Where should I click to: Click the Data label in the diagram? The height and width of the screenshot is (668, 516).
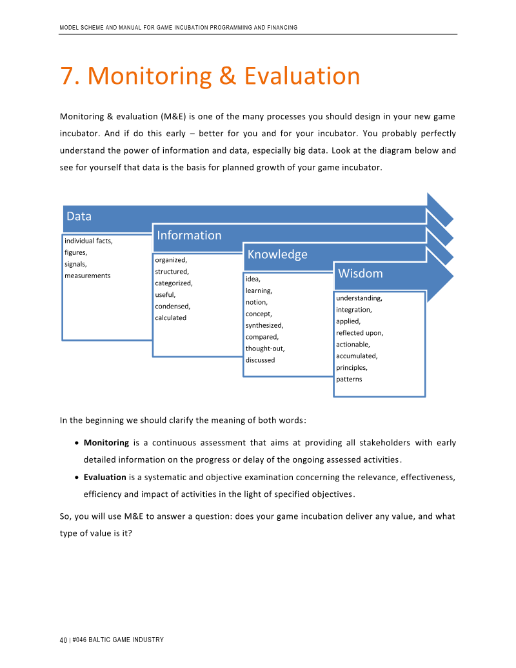point(79,216)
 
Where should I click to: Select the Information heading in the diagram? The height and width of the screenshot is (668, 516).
point(189,235)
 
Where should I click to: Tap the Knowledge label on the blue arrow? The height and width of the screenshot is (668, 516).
point(277,254)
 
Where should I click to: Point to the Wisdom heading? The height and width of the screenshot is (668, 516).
point(361,273)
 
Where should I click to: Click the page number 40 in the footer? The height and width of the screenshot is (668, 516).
point(63,640)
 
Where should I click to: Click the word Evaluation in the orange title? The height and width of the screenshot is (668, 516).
point(302,76)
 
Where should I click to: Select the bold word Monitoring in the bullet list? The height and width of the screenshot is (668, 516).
point(106,443)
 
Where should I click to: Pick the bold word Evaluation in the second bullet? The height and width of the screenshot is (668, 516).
point(104,477)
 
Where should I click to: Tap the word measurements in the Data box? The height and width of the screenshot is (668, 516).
point(87,276)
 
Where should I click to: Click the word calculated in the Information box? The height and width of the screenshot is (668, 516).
point(170,318)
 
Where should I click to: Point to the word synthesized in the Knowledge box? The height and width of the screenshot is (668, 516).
point(264,325)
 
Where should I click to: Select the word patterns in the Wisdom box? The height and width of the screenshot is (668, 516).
point(349,379)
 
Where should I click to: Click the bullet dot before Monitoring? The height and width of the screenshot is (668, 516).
point(77,443)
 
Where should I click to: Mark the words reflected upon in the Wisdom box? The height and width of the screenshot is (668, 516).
point(359,333)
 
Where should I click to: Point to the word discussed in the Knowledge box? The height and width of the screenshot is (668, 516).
point(260,360)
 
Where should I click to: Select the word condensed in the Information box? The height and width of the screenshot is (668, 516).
point(172,306)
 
